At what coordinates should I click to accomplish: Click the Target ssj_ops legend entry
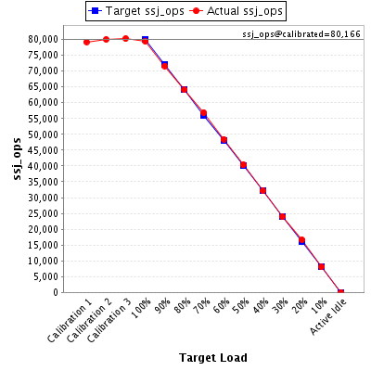[x=136, y=11]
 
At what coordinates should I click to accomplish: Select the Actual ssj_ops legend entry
[x=237, y=11]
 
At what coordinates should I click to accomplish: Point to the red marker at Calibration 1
[x=86, y=42]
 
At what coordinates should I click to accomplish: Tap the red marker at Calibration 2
[x=106, y=40]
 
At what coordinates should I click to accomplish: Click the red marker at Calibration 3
[x=125, y=39]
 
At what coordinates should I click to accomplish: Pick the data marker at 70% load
[x=203, y=113]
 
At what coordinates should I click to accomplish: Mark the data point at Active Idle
[x=340, y=292]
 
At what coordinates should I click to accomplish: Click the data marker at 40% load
[x=262, y=191]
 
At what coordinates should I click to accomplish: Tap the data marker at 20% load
[x=301, y=240]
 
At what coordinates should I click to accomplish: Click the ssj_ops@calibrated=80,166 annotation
[x=301, y=34]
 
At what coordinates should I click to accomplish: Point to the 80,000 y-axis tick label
[x=44, y=39]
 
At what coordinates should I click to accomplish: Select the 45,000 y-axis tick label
[x=44, y=150]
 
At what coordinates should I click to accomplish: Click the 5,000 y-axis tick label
[x=45, y=276]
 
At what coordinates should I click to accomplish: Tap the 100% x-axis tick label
[x=141, y=308]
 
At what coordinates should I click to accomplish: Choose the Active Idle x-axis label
[x=328, y=317]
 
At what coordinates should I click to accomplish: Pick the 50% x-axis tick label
[x=240, y=306]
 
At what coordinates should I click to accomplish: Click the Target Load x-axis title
[x=213, y=358]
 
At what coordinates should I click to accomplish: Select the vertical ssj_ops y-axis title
[x=18, y=159]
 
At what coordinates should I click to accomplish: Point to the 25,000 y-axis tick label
[x=44, y=213]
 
